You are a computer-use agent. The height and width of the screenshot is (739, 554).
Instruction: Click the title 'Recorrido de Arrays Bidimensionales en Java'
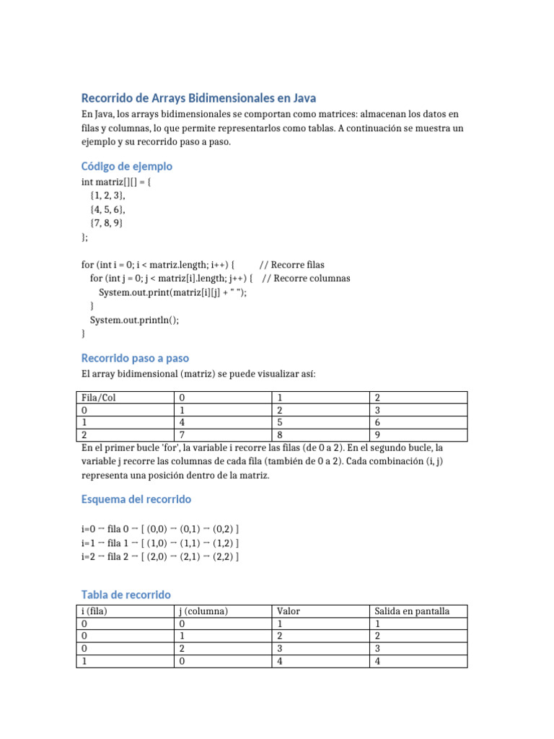[x=198, y=97]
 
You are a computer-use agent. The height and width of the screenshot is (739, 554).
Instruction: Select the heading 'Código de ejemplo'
[x=126, y=166]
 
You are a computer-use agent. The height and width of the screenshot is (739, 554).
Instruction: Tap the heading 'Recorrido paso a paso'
[x=135, y=358]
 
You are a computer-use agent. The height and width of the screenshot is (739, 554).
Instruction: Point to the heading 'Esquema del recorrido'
[x=136, y=499]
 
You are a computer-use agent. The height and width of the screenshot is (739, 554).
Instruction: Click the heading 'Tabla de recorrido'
[x=126, y=595]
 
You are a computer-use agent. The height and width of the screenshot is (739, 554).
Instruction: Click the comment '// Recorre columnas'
[x=306, y=278]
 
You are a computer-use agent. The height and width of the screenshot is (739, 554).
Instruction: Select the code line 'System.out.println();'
[x=133, y=320]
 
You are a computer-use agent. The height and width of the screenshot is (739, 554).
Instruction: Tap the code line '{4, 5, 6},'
[x=107, y=209]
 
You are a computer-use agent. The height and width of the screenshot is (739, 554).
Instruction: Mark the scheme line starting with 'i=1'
[x=160, y=543]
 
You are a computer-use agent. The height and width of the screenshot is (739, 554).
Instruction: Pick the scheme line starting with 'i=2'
[x=160, y=556]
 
